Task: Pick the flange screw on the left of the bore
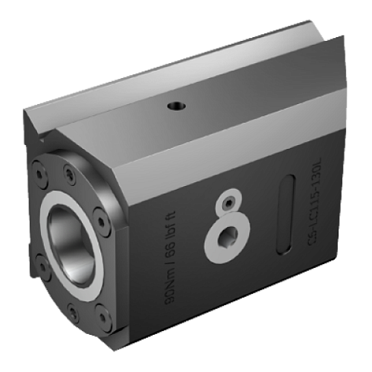click(34, 229)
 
